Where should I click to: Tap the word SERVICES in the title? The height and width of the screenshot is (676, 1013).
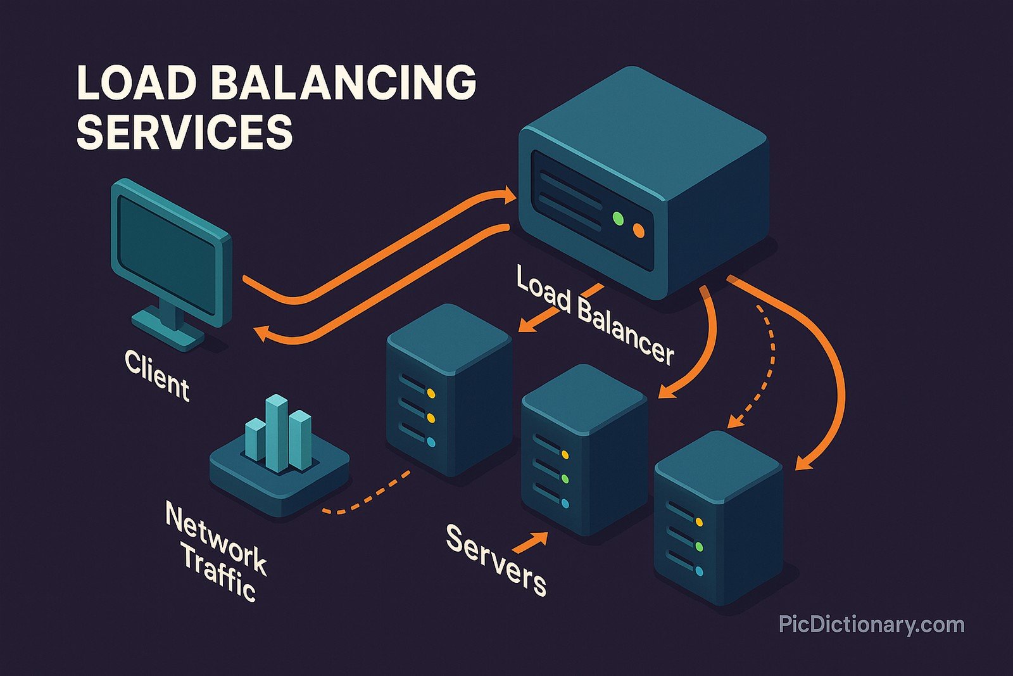[184, 132]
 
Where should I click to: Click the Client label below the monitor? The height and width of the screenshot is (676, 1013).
[156, 376]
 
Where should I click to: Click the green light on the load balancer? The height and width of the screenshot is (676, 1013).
[618, 219]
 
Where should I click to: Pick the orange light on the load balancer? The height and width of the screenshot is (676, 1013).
[638, 231]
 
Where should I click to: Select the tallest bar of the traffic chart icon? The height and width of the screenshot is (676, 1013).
[276, 432]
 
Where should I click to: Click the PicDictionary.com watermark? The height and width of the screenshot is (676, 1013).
[871, 625]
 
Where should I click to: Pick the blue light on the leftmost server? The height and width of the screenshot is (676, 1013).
[431, 442]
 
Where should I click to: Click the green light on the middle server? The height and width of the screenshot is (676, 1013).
[565, 479]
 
